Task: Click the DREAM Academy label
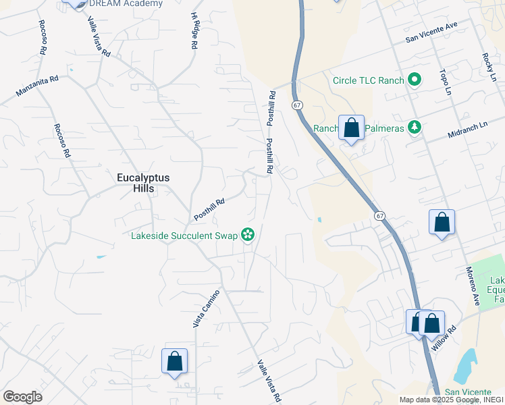click(x=126, y=3)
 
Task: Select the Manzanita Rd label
click(x=38, y=86)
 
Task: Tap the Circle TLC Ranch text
click(x=368, y=80)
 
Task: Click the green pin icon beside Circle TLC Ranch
click(x=414, y=80)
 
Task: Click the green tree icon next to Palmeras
click(x=414, y=127)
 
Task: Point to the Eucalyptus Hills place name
click(x=142, y=183)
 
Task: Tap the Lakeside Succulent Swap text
click(x=185, y=236)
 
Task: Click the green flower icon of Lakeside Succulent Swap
click(x=248, y=235)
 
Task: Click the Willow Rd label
click(x=444, y=339)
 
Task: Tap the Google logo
click(x=22, y=397)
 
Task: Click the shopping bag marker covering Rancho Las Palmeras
click(x=352, y=128)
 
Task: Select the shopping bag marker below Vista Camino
click(x=174, y=360)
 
